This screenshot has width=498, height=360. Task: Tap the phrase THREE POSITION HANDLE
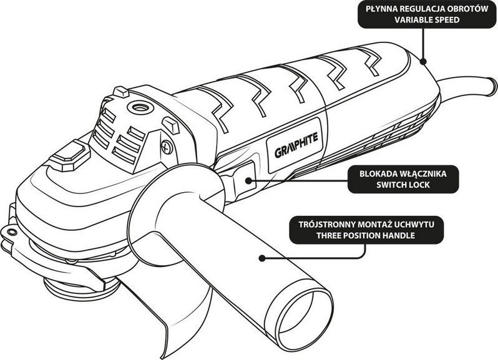366,236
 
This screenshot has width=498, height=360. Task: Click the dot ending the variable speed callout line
424,61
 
